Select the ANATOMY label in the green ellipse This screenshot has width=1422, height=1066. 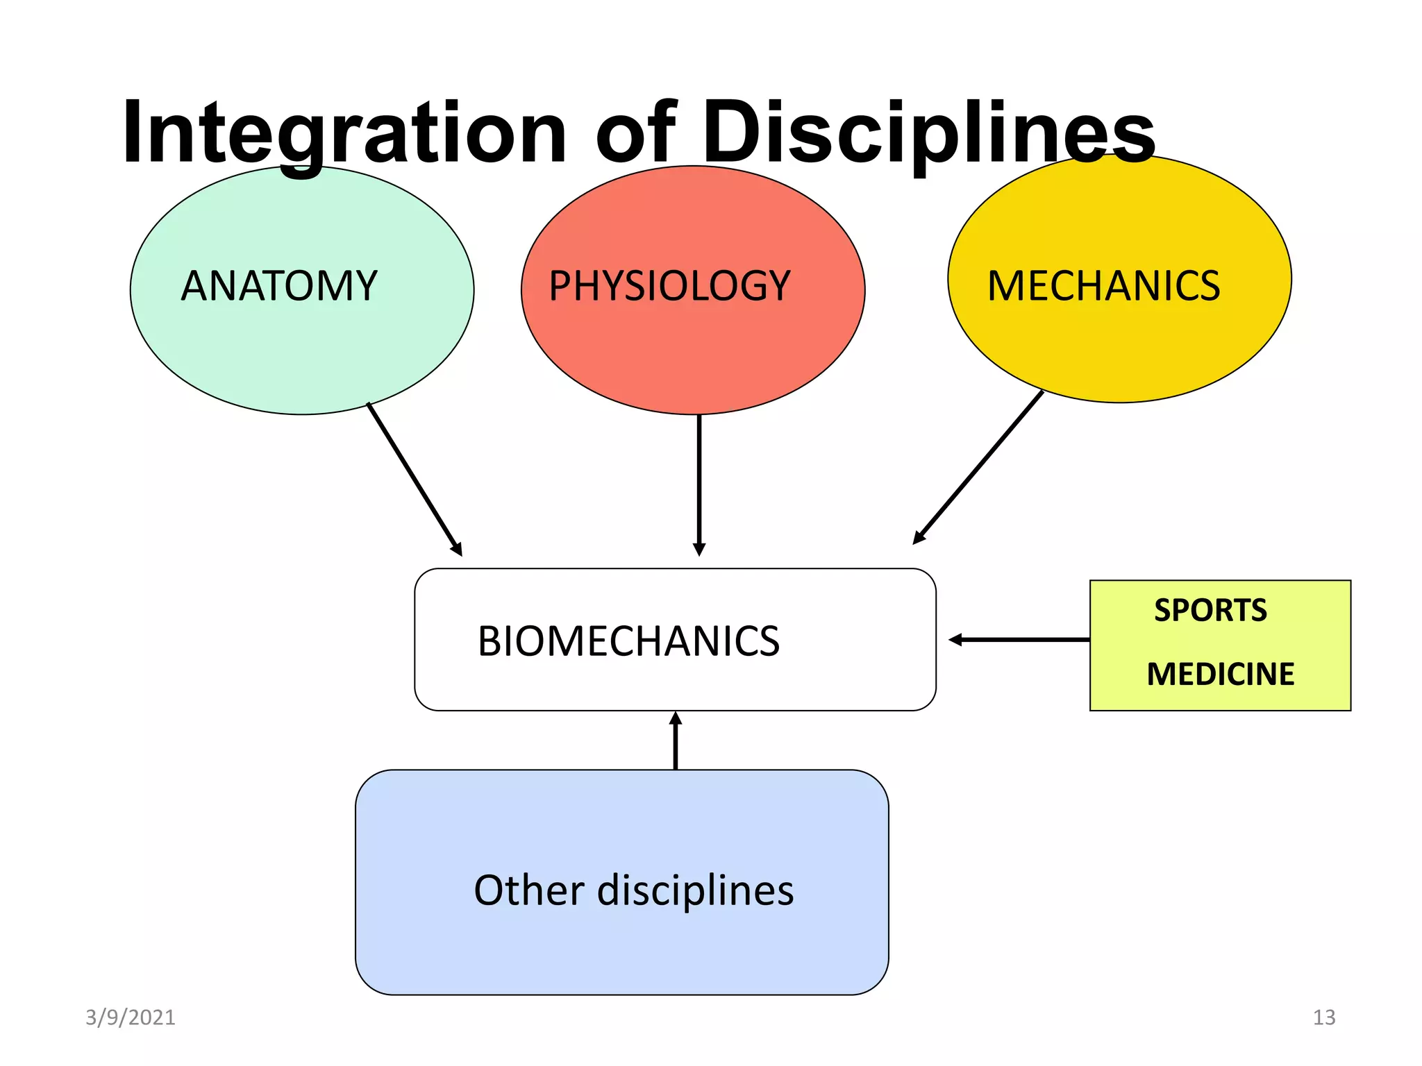coord(279,286)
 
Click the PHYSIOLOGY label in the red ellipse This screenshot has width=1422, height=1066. coord(669,286)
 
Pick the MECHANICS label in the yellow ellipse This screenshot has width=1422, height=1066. coord(1103,286)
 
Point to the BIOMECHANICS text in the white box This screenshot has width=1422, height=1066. coord(628,641)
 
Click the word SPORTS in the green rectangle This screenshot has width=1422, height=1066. coord(1210,611)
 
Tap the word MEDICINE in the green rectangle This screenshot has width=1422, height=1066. coord(1220,675)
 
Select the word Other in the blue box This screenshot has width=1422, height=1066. coord(529,890)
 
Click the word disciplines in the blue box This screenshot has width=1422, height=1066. coord(695,890)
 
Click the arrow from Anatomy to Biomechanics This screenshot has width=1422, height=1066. coord(414,478)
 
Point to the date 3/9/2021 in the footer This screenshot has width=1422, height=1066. coord(131,1017)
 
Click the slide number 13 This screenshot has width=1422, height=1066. coord(1323,1017)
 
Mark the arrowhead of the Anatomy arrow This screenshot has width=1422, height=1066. coord(457,550)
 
